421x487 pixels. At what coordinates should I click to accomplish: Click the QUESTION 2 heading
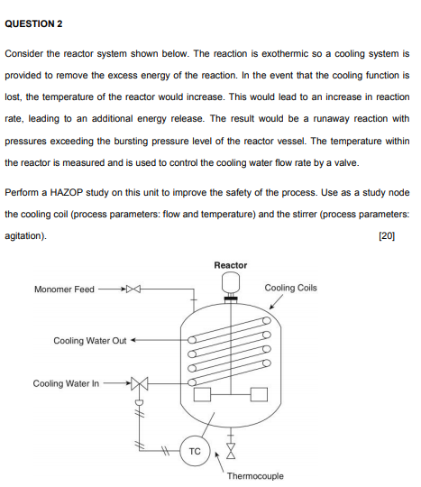pos(34,21)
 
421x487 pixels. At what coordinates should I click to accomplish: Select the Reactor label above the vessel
pos(231,265)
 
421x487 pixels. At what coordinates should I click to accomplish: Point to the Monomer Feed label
pos(64,289)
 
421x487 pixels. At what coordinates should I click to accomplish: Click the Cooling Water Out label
pos(89,341)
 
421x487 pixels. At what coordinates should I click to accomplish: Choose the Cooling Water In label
pos(67,383)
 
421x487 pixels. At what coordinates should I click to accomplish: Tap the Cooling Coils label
pos(291,289)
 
